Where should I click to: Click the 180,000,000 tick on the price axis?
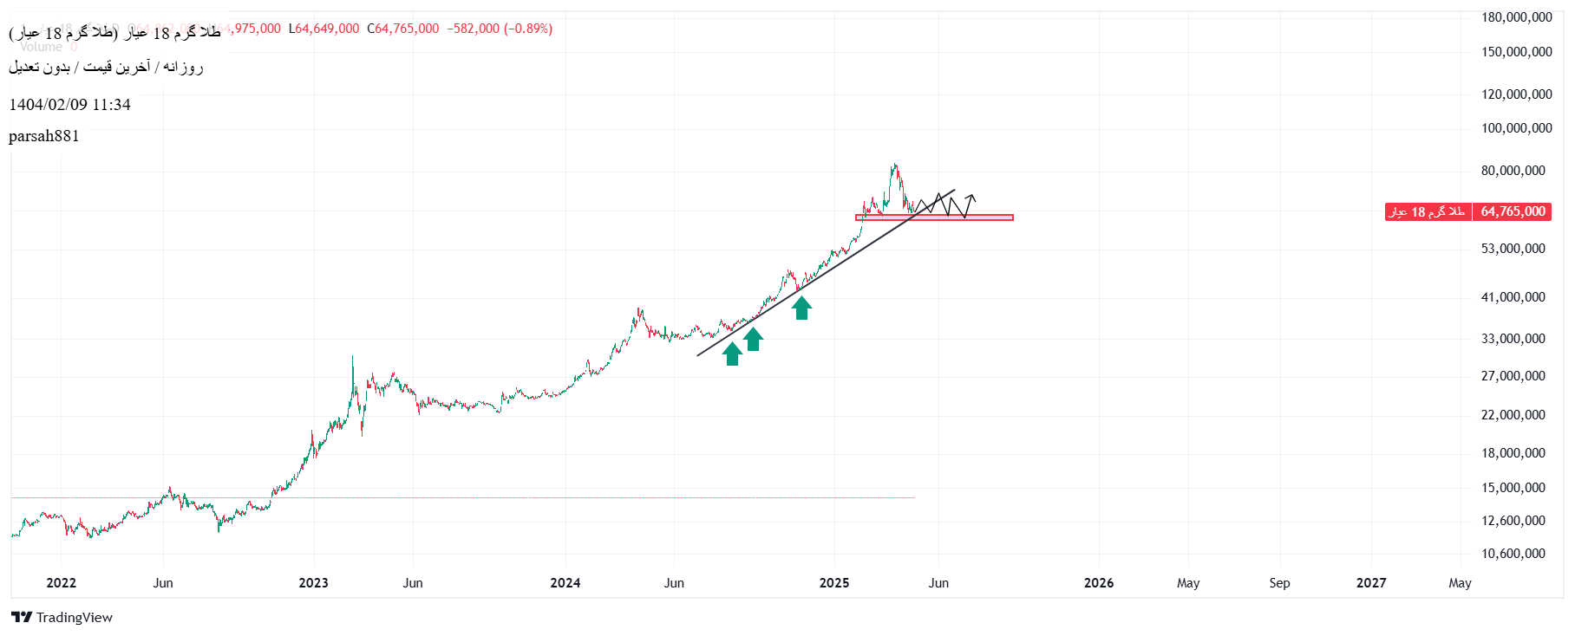click(1516, 17)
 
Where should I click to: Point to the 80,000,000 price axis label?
click(1513, 171)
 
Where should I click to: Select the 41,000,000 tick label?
click(1513, 297)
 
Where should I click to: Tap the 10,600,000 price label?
click(1513, 554)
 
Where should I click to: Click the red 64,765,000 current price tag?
click(1513, 211)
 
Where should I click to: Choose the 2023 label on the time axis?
click(313, 583)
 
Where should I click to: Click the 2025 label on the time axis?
click(834, 583)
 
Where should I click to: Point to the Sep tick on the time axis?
click(1279, 583)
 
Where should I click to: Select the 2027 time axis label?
click(1371, 583)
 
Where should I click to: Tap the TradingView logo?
click(62, 617)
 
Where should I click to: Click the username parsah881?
click(44, 136)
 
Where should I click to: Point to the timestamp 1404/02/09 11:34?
click(69, 105)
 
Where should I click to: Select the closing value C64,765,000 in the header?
click(403, 29)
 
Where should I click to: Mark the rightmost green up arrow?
click(801, 308)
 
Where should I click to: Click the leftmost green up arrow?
click(733, 354)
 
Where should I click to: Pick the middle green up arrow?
click(753, 339)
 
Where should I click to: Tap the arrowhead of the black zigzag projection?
click(972, 197)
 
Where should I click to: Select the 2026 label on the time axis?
click(1099, 583)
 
